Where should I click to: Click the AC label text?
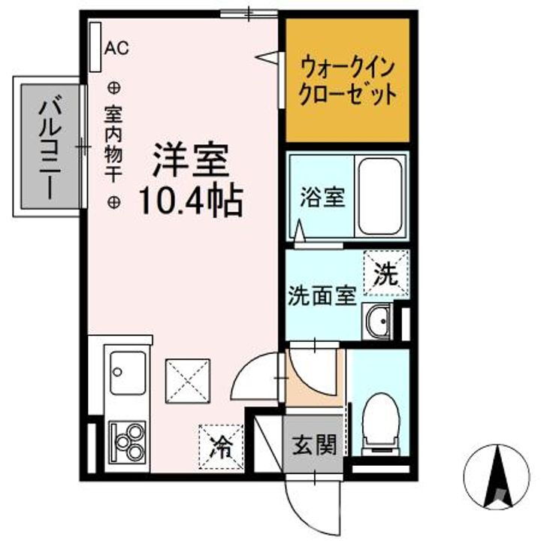click(x=116, y=48)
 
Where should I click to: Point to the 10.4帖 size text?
click(x=189, y=201)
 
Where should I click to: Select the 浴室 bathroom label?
click(x=322, y=198)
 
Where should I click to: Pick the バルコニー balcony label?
click(x=50, y=147)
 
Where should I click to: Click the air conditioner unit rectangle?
click(x=95, y=47)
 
